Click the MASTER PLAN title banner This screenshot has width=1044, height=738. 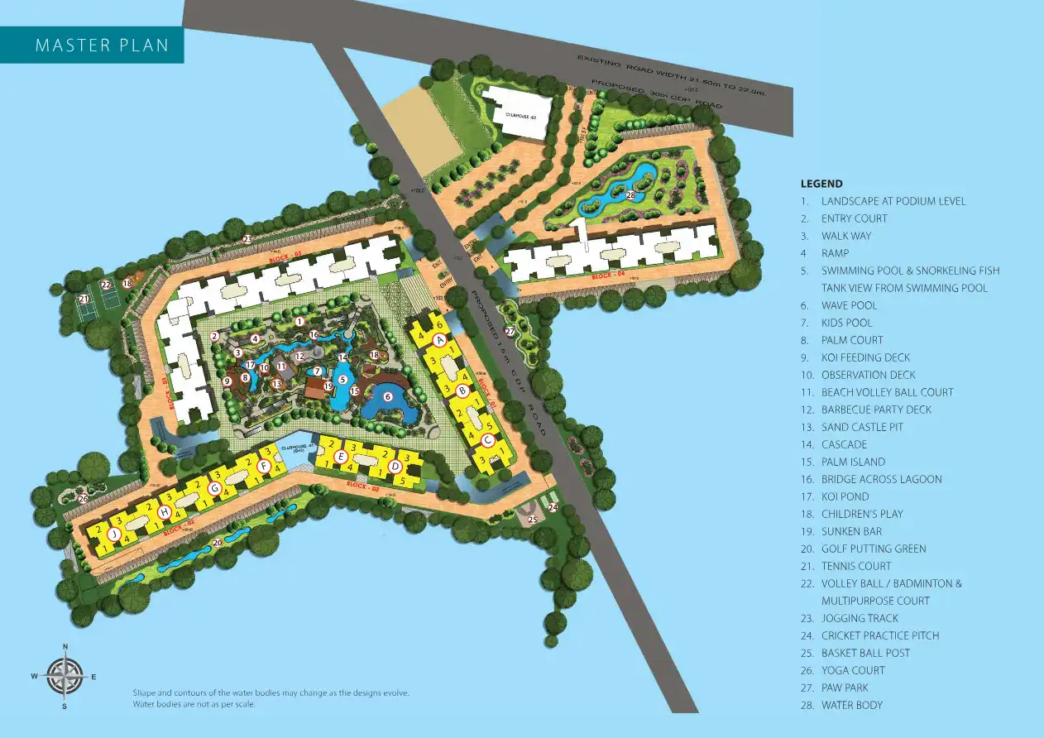(x=102, y=46)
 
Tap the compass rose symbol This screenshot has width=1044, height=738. (x=65, y=676)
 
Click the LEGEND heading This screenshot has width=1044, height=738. (x=821, y=184)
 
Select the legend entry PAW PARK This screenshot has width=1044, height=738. (x=845, y=688)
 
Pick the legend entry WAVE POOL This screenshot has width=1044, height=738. (x=849, y=305)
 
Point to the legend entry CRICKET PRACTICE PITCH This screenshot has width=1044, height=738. (x=880, y=635)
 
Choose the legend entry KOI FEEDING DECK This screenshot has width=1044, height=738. (x=865, y=357)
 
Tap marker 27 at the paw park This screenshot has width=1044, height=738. (x=510, y=331)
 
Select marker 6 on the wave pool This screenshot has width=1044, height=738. (x=387, y=397)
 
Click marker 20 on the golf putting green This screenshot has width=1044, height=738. (x=217, y=543)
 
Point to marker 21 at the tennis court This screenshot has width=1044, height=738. (x=84, y=299)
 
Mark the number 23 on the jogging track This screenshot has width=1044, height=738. (x=248, y=238)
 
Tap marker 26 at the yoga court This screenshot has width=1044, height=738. (x=83, y=498)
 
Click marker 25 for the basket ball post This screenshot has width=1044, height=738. (x=533, y=520)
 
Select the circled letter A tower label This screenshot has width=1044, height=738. (x=440, y=339)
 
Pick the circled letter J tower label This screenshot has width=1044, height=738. (x=113, y=534)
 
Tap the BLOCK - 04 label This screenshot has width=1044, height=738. (x=609, y=276)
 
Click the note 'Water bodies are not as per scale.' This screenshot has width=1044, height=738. (x=194, y=704)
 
